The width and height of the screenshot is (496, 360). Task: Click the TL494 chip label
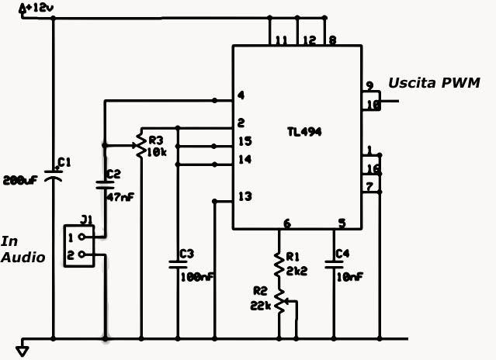coord(303,133)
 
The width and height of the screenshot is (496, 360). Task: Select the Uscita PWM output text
coord(434,82)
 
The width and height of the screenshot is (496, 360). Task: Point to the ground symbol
coord(23,350)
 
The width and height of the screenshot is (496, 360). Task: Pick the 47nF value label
coord(119,197)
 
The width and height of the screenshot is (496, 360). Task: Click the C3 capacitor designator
coord(186,254)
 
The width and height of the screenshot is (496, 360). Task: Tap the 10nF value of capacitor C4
coord(349,276)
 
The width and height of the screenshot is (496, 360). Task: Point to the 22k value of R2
coord(260,306)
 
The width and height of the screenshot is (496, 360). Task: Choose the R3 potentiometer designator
coord(156,141)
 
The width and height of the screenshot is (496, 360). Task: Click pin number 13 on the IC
coord(245,196)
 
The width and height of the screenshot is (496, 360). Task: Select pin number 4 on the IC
coord(241,96)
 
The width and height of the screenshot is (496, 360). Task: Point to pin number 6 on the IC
coord(287,223)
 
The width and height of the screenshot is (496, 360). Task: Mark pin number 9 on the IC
coord(370,86)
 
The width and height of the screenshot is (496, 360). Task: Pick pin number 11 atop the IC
coord(281,40)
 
